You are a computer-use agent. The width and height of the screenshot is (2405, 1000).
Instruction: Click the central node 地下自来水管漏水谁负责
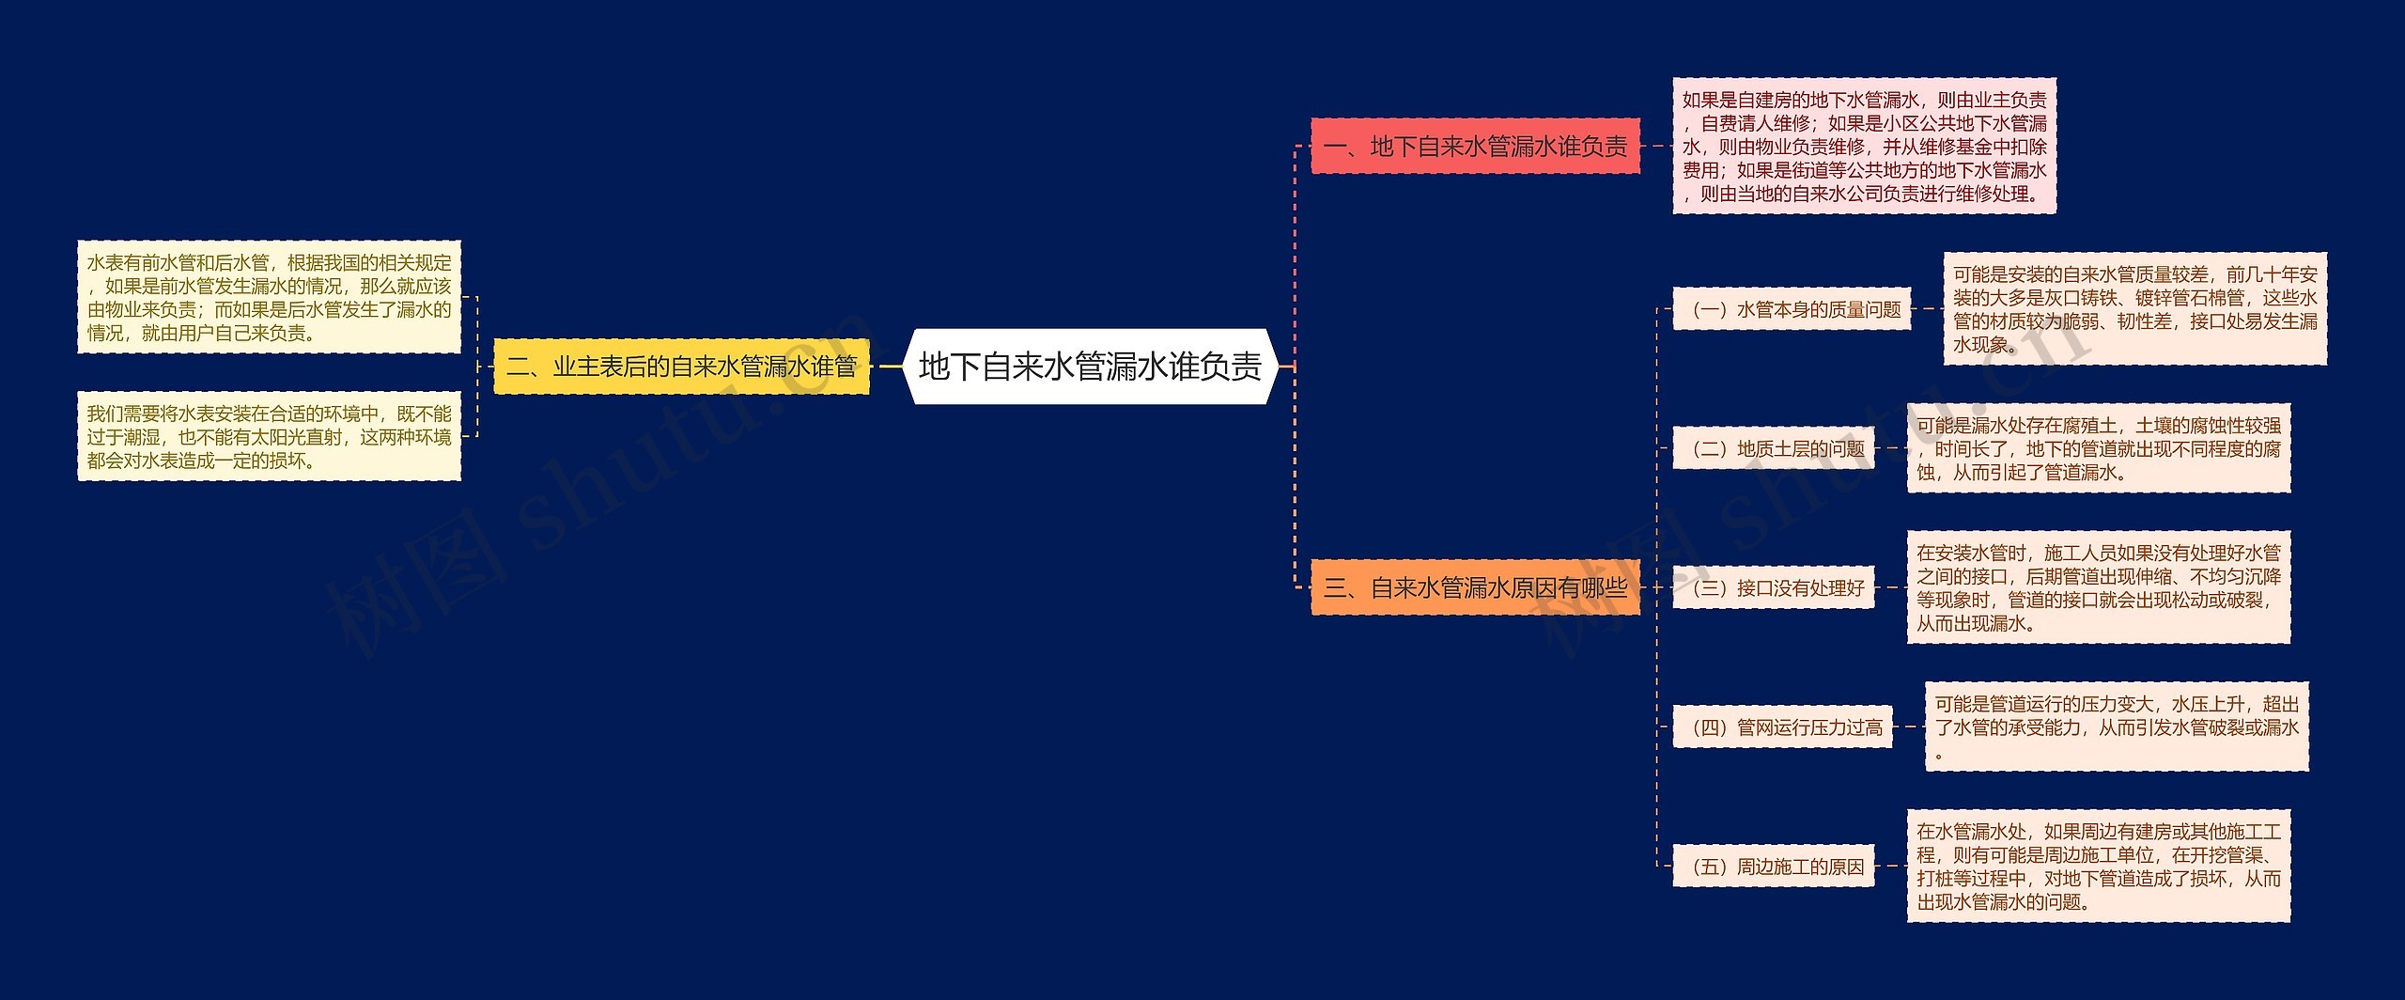1090,367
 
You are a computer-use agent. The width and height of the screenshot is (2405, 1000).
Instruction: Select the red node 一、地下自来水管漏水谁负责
1475,147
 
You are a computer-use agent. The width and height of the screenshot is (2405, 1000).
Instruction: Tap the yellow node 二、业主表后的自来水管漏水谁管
681,367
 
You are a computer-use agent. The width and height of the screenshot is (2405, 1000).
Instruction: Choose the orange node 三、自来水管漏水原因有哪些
1475,588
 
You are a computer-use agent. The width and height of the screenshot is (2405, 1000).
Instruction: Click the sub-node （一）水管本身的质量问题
1792,309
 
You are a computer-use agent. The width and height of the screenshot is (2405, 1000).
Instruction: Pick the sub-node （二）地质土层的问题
1774,449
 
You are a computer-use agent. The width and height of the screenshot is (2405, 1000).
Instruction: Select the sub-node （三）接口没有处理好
1774,588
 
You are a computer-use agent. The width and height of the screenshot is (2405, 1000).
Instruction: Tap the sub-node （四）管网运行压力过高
1782,727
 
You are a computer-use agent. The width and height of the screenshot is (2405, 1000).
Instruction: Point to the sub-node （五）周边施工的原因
1774,867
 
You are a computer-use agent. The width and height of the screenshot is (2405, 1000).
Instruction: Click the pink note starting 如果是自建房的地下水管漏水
1864,147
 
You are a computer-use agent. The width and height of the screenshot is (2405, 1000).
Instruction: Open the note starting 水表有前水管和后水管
269,297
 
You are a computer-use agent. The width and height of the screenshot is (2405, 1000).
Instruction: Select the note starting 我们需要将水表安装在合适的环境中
269,437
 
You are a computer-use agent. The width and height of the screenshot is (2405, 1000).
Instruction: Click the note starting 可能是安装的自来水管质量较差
2134,309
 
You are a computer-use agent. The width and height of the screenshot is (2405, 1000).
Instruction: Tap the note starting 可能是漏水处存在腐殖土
2098,449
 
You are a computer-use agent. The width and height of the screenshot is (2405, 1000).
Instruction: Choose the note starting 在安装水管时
2098,588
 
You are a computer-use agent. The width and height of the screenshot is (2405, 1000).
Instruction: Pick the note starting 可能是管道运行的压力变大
2116,727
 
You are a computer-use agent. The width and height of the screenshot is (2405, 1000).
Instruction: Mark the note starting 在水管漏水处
2098,867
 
